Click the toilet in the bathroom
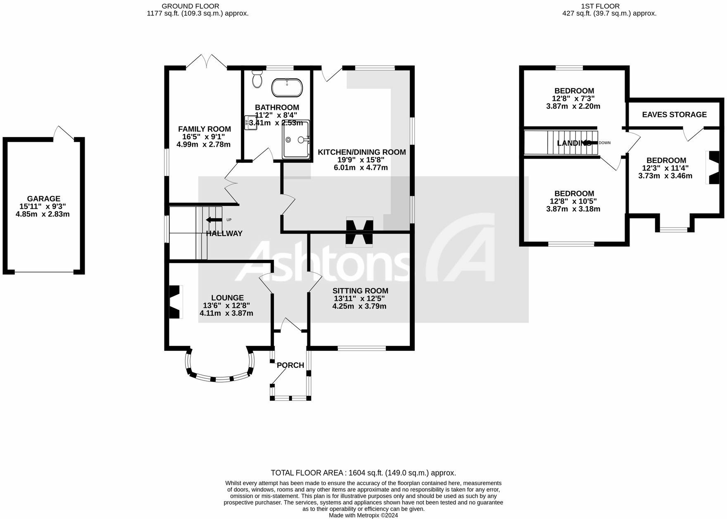pyautogui.click(x=257, y=79)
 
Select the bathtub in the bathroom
pyautogui.click(x=287, y=88)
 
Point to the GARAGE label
pyautogui.click(x=43, y=199)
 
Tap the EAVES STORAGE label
pyautogui.click(x=674, y=114)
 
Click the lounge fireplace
pyautogui.click(x=176, y=302)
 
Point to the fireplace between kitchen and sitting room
pyautogui.click(x=359, y=232)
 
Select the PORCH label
pyautogui.click(x=290, y=365)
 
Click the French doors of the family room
pyautogui.click(x=207, y=62)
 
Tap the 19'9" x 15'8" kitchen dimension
pyautogui.click(x=361, y=160)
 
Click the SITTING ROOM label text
pyautogui.click(x=360, y=291)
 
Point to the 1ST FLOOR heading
pyautogui.click(x=600, y=6)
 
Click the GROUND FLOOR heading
pyautogui.click(x=190, y=6)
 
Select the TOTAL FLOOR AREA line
pyautogui.click(x=363, y=473)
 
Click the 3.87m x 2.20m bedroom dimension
pyautogui.click(x=573, y=106)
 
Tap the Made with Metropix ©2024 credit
pyautogui.click(x=363, y=515)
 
